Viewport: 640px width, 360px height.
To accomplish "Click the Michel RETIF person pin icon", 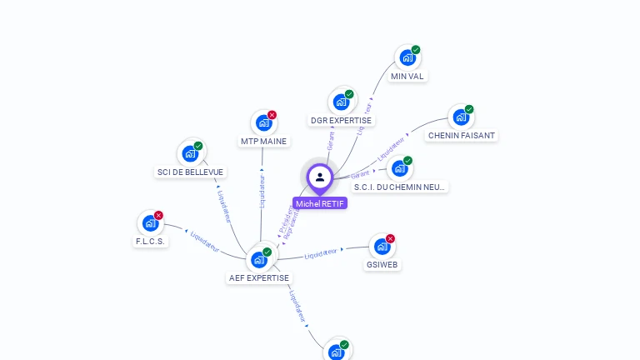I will (x=320, y=177).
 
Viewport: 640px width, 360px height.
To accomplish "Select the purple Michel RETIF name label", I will (x=320, y=203).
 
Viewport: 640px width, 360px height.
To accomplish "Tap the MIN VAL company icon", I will (x=407, y=58).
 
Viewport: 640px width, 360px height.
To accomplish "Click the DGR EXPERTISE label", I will (x=341, y=121).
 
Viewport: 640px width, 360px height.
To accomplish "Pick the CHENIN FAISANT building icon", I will (x=460, y=117).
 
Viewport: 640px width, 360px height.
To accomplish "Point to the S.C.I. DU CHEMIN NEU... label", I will (x=401, y=187).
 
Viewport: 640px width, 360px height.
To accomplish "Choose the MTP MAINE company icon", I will (x=263, y=123).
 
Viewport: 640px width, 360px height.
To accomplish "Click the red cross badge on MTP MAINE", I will (x=272, y=115).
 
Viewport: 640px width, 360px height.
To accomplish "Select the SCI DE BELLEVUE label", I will (x=190, y=172).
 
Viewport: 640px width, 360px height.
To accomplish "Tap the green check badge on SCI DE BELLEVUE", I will (x=198, y=146).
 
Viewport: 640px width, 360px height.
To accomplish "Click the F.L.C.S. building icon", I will (x=150, y=223).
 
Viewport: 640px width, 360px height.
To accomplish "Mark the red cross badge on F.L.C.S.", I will (x=158, y=215).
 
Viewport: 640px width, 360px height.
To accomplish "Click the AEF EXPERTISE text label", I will (x=259, y=278).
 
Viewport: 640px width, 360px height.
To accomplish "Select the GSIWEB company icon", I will (x=382, y=247).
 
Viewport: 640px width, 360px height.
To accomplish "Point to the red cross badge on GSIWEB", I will (x=390, y=238).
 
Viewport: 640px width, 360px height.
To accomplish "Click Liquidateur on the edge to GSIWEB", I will (x=321, y=253).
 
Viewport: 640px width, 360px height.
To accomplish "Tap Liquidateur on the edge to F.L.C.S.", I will (x=204, y=241).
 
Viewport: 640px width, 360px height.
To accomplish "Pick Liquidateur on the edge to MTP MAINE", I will (x=262, y=191).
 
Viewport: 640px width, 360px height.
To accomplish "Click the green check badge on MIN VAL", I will (x=416, y=50).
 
